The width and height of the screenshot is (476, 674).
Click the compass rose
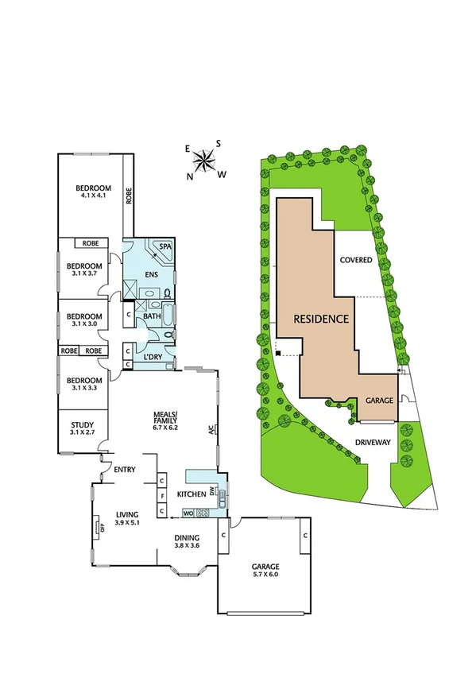click(x=204, y=161)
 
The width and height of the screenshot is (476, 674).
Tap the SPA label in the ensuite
click(x=165, y=247)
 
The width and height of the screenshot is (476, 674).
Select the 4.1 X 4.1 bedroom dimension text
click(x=93, y=196)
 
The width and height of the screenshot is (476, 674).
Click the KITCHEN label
click(x=191, y=494)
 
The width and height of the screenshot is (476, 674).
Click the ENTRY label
click(x=125, y=470)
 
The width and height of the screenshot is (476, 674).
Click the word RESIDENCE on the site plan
click(x=321, y=320)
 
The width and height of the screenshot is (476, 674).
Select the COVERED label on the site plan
click(x=355, y=260)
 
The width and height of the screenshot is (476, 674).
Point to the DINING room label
click(x=191, y=537)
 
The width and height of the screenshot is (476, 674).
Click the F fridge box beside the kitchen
click(x=161, y=496)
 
